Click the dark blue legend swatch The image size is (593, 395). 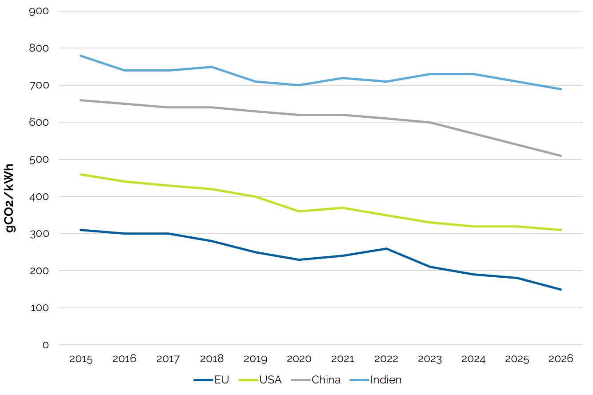coord(203,380)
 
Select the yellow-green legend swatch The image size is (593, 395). coord(248,380)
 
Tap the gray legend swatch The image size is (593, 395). coord(301,380)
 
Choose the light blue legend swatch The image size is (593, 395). coord(359,380)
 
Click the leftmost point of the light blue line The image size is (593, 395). coord(80,56)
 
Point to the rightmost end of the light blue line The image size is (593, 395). coord(561,89)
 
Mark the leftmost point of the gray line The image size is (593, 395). coord(80,100)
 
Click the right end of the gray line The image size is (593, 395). coord(561,156)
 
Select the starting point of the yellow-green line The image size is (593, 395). coord(80,174)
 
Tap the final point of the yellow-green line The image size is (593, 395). coord(561,230)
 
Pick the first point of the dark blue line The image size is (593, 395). coord(80,230)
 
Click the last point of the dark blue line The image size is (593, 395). coord(561,289)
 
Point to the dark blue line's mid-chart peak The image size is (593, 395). coord(386,248)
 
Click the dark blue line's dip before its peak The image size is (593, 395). coord(299,259)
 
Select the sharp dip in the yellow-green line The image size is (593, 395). coord(299,211)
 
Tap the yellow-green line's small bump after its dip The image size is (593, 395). coord(343,207)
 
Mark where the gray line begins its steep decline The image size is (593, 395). coord(430,122)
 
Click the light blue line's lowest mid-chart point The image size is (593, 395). coord(299,85)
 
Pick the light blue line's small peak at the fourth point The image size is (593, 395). coord(212,67)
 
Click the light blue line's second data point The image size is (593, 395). coord(124,70)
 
